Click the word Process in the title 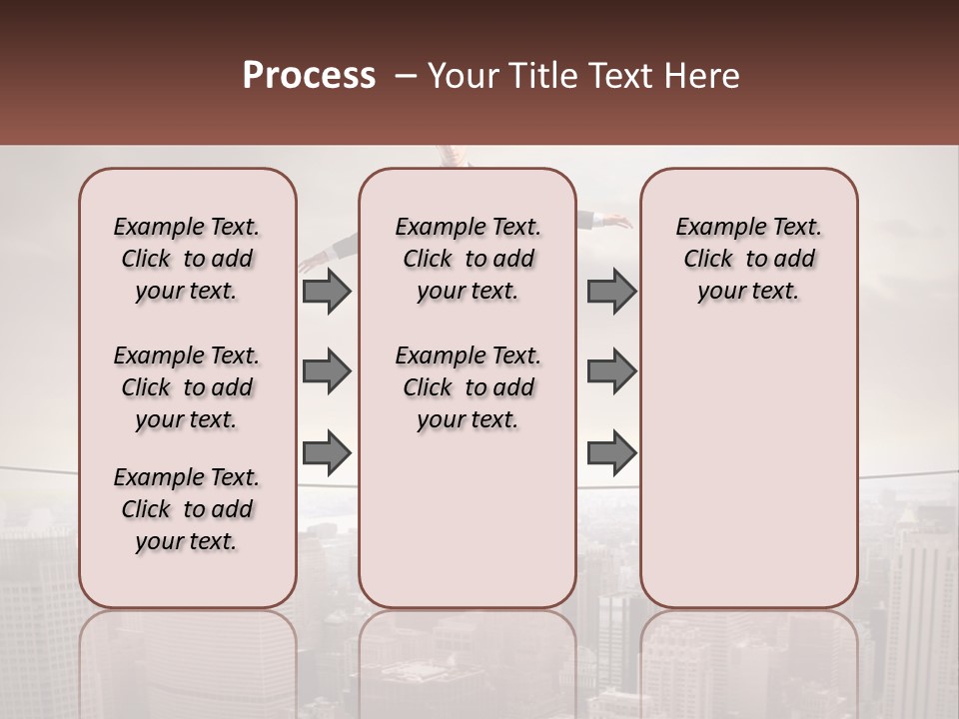point(309,76)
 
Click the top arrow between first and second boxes point(327,291)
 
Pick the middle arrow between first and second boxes point(327,371)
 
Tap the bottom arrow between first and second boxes point(327,453)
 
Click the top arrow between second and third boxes point(611,291)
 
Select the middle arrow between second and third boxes point(611,371)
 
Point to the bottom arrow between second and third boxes point(611,453)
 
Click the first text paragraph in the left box point(187,259)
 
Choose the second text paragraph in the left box point(187,387)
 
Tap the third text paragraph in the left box point(187,509)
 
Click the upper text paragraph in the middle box point(469,259)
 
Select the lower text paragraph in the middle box point(469,387)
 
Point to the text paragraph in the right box point(749,259)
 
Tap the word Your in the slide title point(465,76)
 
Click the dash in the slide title point(406,76)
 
